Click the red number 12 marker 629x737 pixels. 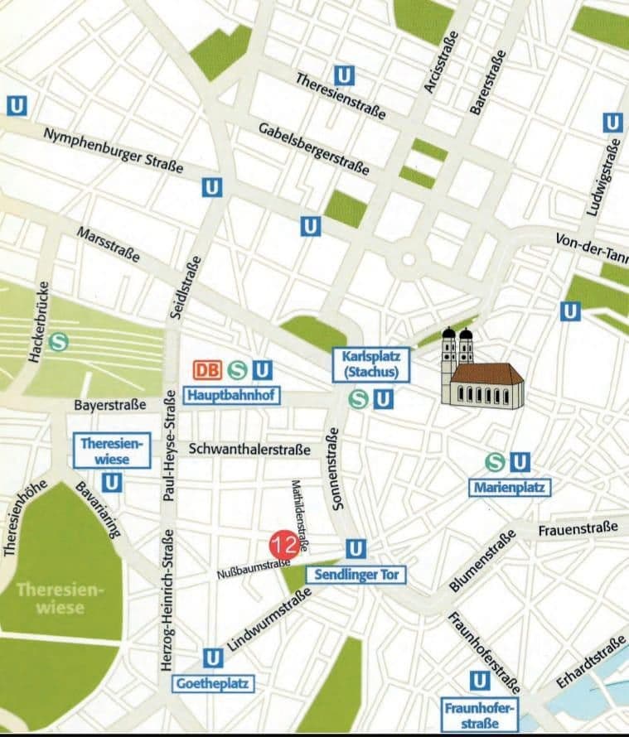coord(284,544)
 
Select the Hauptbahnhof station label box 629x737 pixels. coord(231,395)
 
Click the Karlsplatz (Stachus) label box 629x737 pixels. coord(370,365)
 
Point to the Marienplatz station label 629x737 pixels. coord(510,488)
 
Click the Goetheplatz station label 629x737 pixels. coord(213,684)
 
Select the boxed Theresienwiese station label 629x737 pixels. coord(113,450)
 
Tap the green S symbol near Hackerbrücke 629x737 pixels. coord(59,340)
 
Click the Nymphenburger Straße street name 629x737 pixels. coord(114,150)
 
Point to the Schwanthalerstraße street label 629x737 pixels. coord(249,449)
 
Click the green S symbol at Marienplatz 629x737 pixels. coord(496,461)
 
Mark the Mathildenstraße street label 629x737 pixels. coord(300,515)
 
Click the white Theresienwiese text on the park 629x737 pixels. coord(60,599)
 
